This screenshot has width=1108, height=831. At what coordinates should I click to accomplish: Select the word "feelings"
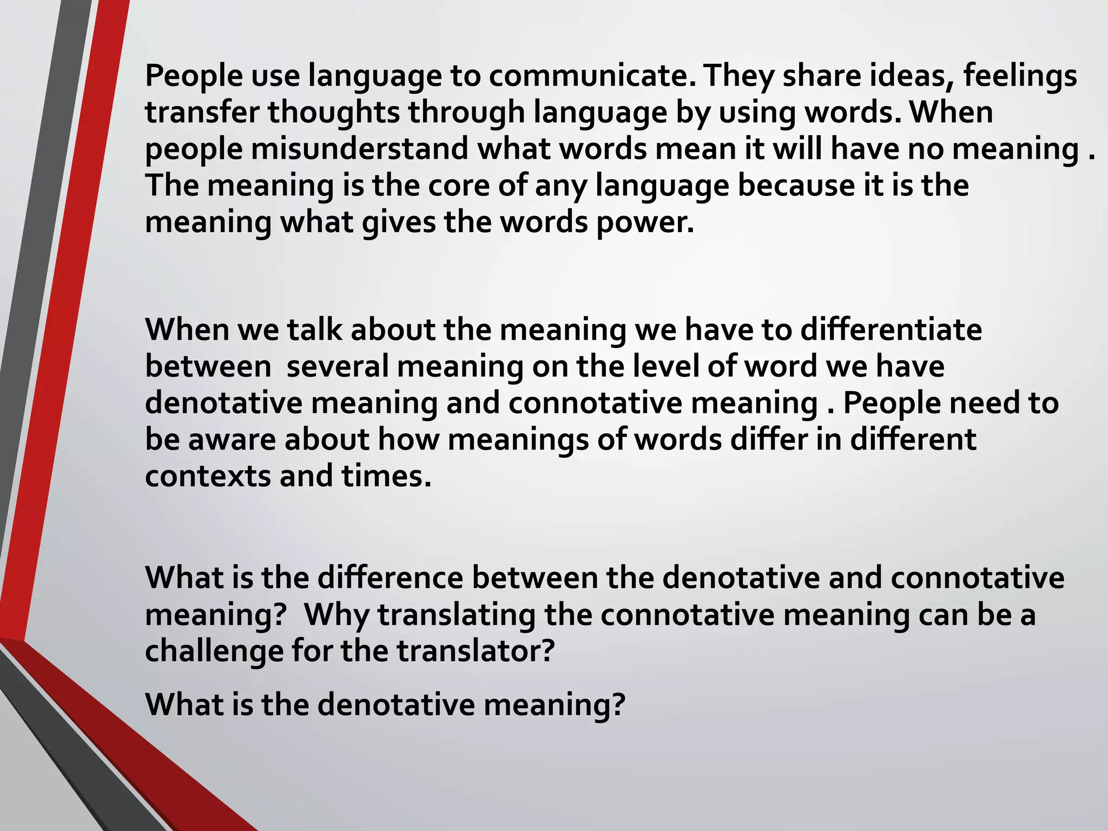tap(1020, 76)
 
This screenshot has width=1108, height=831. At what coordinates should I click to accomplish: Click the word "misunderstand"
tap(359, 148)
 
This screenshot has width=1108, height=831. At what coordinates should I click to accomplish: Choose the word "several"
tap(338, 366)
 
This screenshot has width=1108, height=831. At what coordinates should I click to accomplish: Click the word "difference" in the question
tap(390, 578)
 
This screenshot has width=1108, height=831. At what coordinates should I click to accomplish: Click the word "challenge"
tap(214, 651)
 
